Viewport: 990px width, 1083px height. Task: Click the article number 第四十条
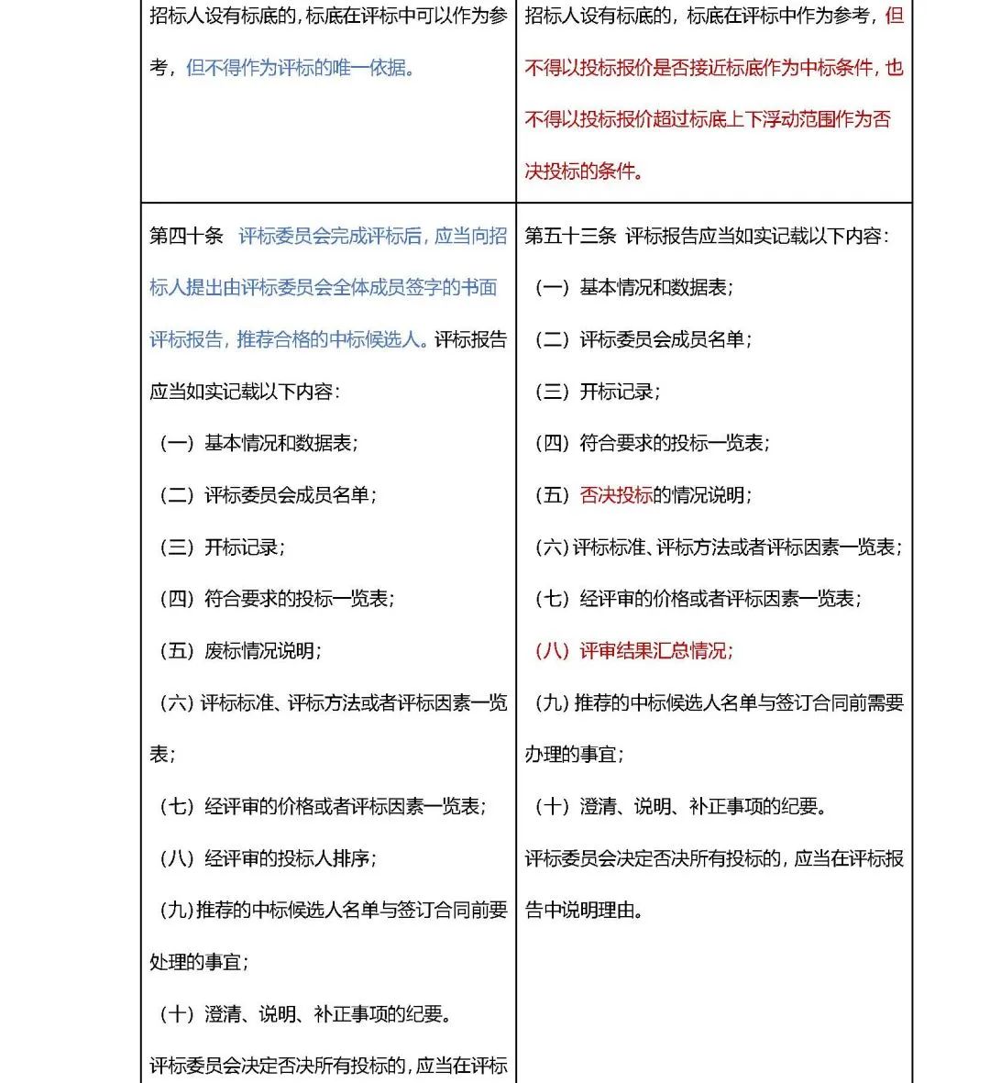[186, 236]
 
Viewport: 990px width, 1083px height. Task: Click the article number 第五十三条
[570, 236]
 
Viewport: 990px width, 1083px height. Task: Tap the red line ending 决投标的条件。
[584, 171]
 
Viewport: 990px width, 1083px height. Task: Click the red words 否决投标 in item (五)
[616, 495]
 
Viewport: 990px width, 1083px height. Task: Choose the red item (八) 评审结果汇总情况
[634, 651]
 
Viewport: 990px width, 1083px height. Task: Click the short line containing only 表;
[163, 755]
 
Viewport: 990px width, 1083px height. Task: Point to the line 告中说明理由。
[584, 911]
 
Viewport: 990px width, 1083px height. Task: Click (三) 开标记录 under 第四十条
[223, 547]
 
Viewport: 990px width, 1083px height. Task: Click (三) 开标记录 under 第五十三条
[598, 392]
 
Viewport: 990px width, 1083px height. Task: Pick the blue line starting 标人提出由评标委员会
[324, 288]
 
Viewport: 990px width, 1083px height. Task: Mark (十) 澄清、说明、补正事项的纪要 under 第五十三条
[681, 807]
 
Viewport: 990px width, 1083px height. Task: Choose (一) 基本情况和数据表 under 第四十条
[258, 444]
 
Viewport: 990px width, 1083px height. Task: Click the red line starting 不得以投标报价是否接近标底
[714, 68]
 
